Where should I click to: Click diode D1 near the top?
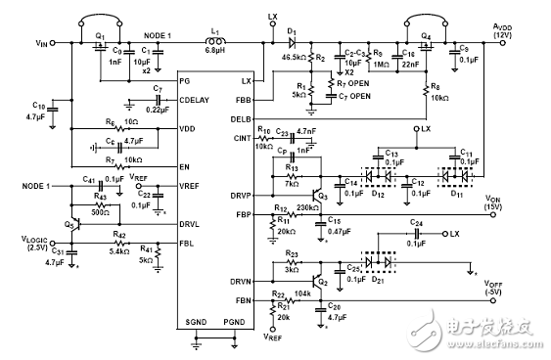pos(292,42)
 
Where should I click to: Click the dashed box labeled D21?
pos(381,264)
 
